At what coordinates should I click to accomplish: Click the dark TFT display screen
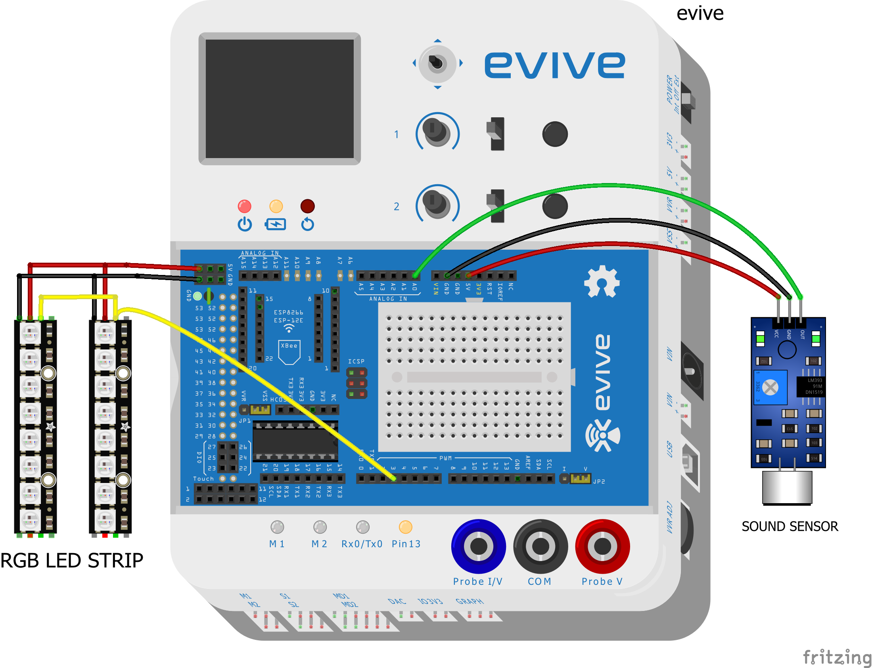[x=280, y=99]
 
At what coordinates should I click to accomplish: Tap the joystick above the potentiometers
[x=437, y=63]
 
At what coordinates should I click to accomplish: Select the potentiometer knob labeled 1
[x=437, y=132]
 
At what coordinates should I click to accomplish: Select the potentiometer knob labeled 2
[x=437, y=204]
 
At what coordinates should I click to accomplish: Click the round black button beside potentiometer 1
[x=555, y=134]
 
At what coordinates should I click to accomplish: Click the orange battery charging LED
[x=276, y=206]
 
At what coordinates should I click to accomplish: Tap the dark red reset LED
[x=308, y=206]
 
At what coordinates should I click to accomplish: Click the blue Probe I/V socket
[x=478, y=546]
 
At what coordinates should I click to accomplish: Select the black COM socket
[x=540, y=546]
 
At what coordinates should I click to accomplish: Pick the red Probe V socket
[x=602, y=546]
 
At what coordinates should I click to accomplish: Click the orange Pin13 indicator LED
[x=405, y=527]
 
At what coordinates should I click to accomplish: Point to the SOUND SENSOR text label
[x=790, y=527]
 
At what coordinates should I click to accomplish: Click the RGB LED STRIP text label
[x=72, y=561]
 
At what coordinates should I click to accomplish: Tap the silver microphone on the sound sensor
[x=787, y=488]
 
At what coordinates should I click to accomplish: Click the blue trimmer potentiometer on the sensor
[x=770, y=387]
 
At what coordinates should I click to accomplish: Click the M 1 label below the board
[x=277, y=544]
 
